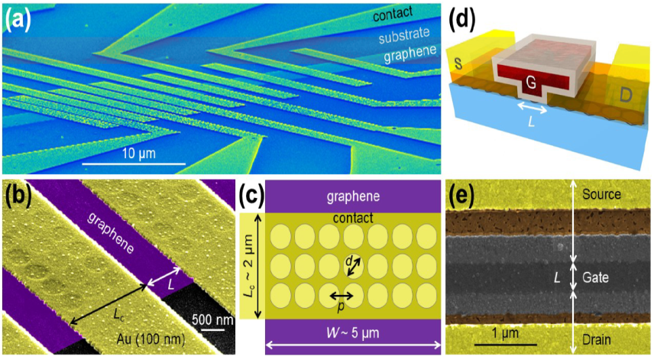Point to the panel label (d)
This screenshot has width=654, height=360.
coord(474,19)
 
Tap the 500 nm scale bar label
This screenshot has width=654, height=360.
coord(209,318)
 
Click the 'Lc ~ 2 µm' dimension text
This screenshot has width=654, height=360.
coord(248,265)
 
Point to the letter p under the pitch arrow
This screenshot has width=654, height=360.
coord(341,307)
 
